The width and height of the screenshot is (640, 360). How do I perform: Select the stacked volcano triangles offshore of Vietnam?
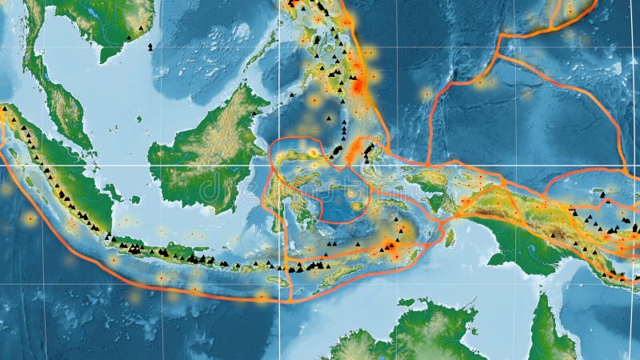point(150,46)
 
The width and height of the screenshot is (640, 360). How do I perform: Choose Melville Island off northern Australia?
point(408,303)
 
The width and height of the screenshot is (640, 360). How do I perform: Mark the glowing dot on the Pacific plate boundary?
point(481,81)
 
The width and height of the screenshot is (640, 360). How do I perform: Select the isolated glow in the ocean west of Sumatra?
point(30,217)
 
